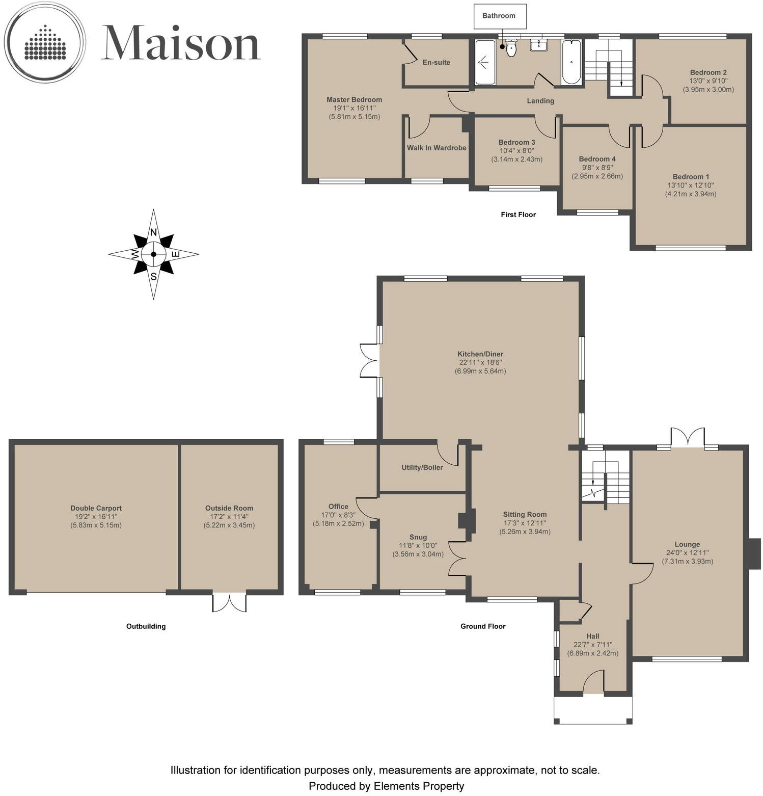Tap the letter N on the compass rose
(153, 232)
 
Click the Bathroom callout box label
(499, 16)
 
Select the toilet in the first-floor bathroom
(511, 49)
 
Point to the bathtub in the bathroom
(571, 62)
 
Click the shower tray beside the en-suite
(485, 63)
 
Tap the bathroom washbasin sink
(538, 46)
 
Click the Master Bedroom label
(354, 100)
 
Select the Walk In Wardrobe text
(437, 148)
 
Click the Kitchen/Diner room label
(480, 354)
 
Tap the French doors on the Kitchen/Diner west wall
(369, 360)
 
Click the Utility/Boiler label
(422, 467)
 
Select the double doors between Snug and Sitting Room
(458, 559)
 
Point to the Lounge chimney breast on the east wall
(754, 553)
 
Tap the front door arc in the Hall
(593, 683)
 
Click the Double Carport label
(96, 508)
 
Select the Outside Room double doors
(229, 602)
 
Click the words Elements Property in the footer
(419, 786)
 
